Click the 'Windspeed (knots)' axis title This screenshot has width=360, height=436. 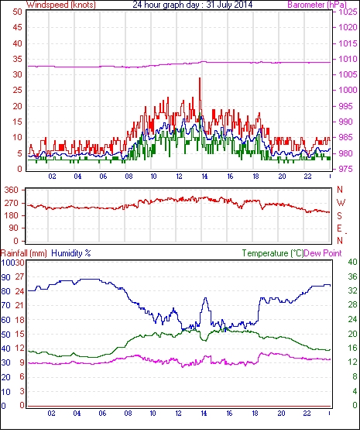pyautogui.click(x=61, y=5)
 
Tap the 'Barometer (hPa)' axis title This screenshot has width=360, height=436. pyautogui.click(x=317, y=5)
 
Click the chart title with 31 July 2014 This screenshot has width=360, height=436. pyautogui.click(x=193, y=5)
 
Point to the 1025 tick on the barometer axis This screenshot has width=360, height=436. pyautogui.click(x=348, y=12)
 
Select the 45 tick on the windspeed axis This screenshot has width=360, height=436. pyautogui.click(x=17, y=27)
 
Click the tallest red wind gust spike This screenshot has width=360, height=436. pyautogui.click(x=200, y=78)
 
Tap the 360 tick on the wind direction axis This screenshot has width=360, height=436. pyautogui.click(x=12, y=190)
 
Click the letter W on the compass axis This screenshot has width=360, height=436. pyautogui.click(x=341, y=203)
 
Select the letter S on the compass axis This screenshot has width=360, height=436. pyautogui.click(x=339, y=215)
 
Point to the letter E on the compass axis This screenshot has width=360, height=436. pyautogui.click(x=339, y=228)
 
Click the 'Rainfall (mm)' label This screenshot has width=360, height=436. pyautogui.click(x=24, y=253)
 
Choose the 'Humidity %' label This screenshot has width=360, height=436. pyautogui.click(x=71, y=253)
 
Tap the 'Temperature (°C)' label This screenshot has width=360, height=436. pyautogui.click(x=273, y=253)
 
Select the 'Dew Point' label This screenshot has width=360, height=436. pyautogui.click(x=323, y=253)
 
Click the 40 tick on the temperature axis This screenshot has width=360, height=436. pyautogui.click(x=352, y=262)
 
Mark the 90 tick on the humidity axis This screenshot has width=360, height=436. pyautogui.click(x=5, y=277)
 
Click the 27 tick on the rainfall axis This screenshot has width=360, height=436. pyautogui.click(x=19, y=276)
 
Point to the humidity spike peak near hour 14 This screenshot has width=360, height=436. pyautogui.click(x=205, y=298)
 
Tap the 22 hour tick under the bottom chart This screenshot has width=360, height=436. pyautogui.click(x=307, y=414)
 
